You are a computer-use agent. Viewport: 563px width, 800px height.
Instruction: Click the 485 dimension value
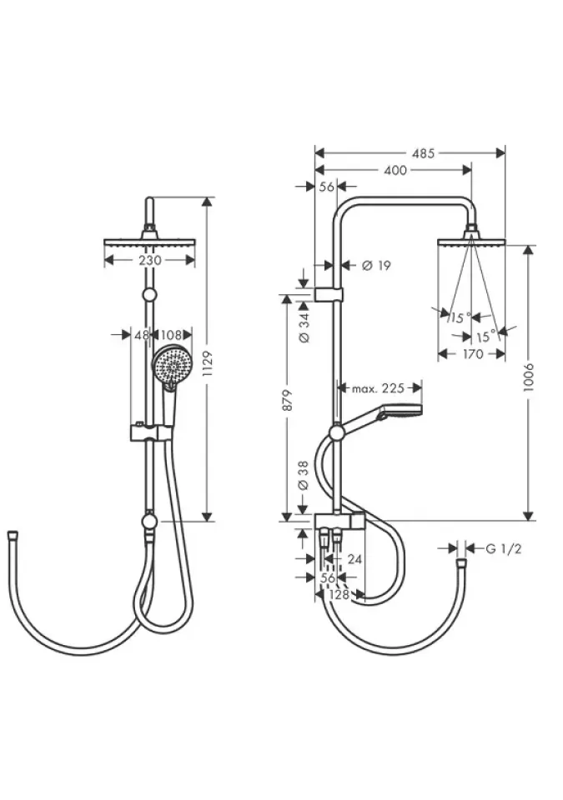pyautogui.click(x=423, y=153)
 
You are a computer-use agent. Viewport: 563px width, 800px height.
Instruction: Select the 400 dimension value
pyautogui.click(x=395, y=170)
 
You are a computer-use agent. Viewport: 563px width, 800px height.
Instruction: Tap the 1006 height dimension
pyautogui.click(x=529, y=377)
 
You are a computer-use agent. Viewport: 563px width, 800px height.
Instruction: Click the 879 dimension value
pyautogui.click(x=288, y=401)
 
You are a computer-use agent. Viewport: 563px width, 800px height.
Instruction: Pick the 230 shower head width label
pyautogui.click(x=149, y=260)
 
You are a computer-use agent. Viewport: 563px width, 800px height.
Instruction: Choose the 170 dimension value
pyautogui.click(x=473, y=353)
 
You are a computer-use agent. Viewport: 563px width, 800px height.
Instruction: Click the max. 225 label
pyautogui.click(x=378, y=388)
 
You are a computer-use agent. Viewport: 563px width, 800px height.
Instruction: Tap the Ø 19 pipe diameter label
pyautogui.click(x=376, y=265)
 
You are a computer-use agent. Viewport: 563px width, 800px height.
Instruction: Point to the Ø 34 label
pyautogui.click(x=304, y=327)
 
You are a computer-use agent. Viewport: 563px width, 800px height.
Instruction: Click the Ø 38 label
pyautogui.click(x=304, y=476)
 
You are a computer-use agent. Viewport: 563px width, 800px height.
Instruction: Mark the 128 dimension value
pyautogui.click(x=339, y=595)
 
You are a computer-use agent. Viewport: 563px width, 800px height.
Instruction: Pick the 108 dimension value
pyautogui.click(x=171, y=335)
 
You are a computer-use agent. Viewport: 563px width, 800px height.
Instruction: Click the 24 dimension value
pyautogui.click(x=354, y=559)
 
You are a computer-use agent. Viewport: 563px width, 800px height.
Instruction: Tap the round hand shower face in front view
pyautogui.click(x=172, y=365)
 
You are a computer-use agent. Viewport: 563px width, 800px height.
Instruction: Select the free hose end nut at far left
pyautogui.click(x=13, y=536)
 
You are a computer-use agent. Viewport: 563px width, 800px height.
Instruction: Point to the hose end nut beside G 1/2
pyautogui.click(x=461, y=564)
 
